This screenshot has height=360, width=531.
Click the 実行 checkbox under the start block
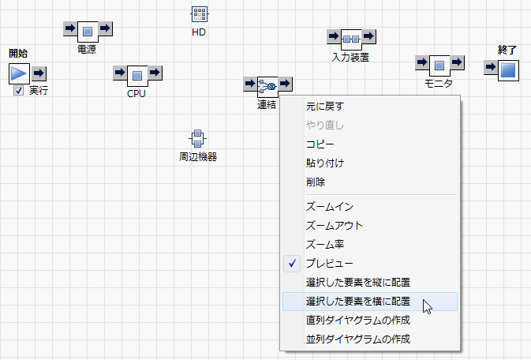(x=18, y=92)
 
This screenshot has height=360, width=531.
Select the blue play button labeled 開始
(x=19, y=73)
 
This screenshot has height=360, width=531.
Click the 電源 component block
(x=88, y=30)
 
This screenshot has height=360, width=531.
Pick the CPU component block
(x=137, y=75)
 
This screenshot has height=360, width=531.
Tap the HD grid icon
(x=199, y=15)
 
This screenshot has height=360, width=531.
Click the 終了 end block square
(x=507, y=69)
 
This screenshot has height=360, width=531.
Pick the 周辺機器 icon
(x=197, y=138)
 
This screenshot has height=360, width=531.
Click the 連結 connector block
(x=267, y=85)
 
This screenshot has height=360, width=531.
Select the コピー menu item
(x=320, y=144)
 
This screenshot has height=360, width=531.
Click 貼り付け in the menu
(x=324, y=163)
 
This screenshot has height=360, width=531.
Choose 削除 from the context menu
(x=315, y=182)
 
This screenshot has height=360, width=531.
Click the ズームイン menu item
(x=329, y=207)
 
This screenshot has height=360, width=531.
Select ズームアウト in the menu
(x=335, y=226)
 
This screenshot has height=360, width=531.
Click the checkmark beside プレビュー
(x=293, y=264)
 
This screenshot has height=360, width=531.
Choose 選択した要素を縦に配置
(x=357, y=283)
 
